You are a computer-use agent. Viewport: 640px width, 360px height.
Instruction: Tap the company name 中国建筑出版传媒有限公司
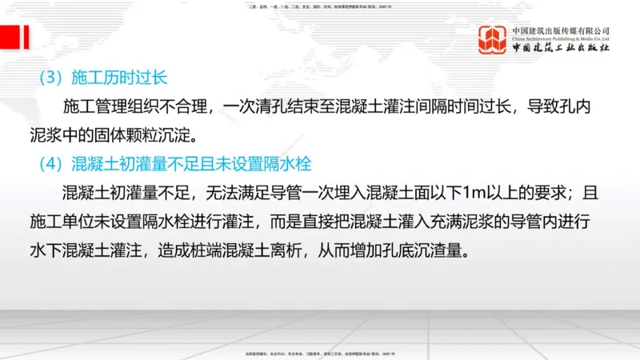coord(561,30)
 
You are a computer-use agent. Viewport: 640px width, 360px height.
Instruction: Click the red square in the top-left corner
coord(10,37)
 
